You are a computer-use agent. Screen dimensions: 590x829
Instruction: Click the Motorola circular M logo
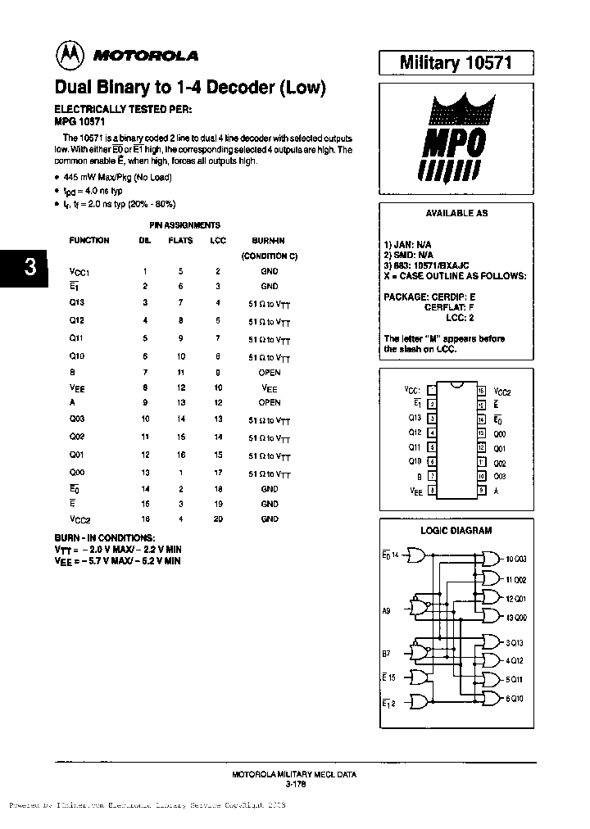click(70, 55)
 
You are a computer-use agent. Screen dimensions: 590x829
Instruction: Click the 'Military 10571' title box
click(455, 62)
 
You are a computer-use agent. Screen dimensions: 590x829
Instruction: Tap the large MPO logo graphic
click(455, 142)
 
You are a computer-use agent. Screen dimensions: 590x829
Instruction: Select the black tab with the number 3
click(29, 268)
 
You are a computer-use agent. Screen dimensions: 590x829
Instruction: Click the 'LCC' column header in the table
click(218, 240)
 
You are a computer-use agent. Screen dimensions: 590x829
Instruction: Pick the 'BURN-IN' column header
click(269, 240)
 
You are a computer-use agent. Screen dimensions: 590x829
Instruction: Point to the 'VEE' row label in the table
click(77, 388)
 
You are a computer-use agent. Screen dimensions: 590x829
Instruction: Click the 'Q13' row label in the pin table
click(75, 302)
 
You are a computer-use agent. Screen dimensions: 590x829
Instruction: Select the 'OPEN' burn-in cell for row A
click(269, 402)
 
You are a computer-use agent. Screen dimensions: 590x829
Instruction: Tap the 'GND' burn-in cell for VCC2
click(269, 519)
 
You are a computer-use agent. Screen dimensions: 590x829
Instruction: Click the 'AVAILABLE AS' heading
click(456, 213)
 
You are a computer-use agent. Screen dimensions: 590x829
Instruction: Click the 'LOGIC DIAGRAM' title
click(456, 530)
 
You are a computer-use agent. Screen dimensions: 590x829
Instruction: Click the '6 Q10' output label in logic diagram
click(515, 699)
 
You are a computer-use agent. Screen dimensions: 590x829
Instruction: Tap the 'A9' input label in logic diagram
click(387, 608)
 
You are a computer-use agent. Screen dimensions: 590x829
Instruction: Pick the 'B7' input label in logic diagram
click(387, 654)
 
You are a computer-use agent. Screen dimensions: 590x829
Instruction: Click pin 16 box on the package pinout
click(481, 392)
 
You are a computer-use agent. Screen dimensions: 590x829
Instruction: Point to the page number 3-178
click(294, 783)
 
